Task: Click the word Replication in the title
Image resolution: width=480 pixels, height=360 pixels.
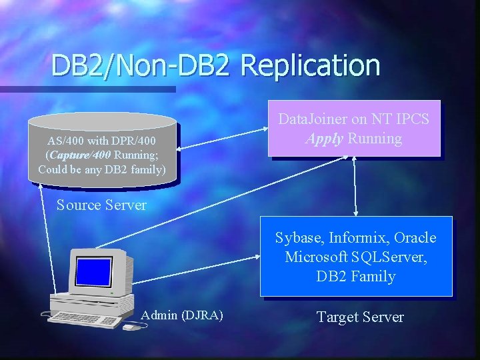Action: [x=311, y=65]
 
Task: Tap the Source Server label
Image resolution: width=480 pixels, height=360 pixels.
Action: [x=101, y=205]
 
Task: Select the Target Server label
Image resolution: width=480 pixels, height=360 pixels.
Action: [x=360, y=317]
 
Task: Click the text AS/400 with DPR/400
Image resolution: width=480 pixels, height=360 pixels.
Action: [x=102, y=141]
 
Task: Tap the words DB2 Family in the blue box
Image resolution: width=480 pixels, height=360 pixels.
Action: [x=356, y=276]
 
